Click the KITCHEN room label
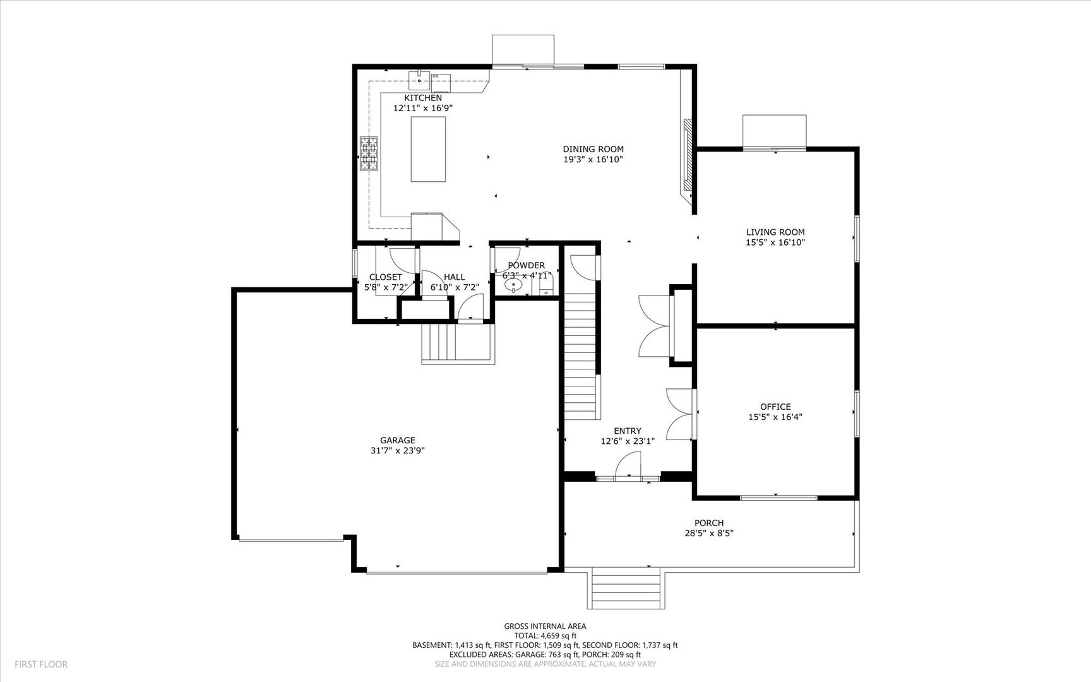[422, 98]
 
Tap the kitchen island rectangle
[429, 149]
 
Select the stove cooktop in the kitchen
[369, 153]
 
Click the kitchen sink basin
[419, 81]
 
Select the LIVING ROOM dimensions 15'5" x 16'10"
[775, 242]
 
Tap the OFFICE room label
[775, 407]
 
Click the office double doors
[681, 414]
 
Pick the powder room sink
[515, 285]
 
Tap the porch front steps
[626, 589]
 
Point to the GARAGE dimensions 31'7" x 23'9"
[397, 451]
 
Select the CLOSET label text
[385, 277]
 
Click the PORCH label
[708, 523]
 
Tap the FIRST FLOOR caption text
[41, 664]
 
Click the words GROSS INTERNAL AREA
[544, 626]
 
